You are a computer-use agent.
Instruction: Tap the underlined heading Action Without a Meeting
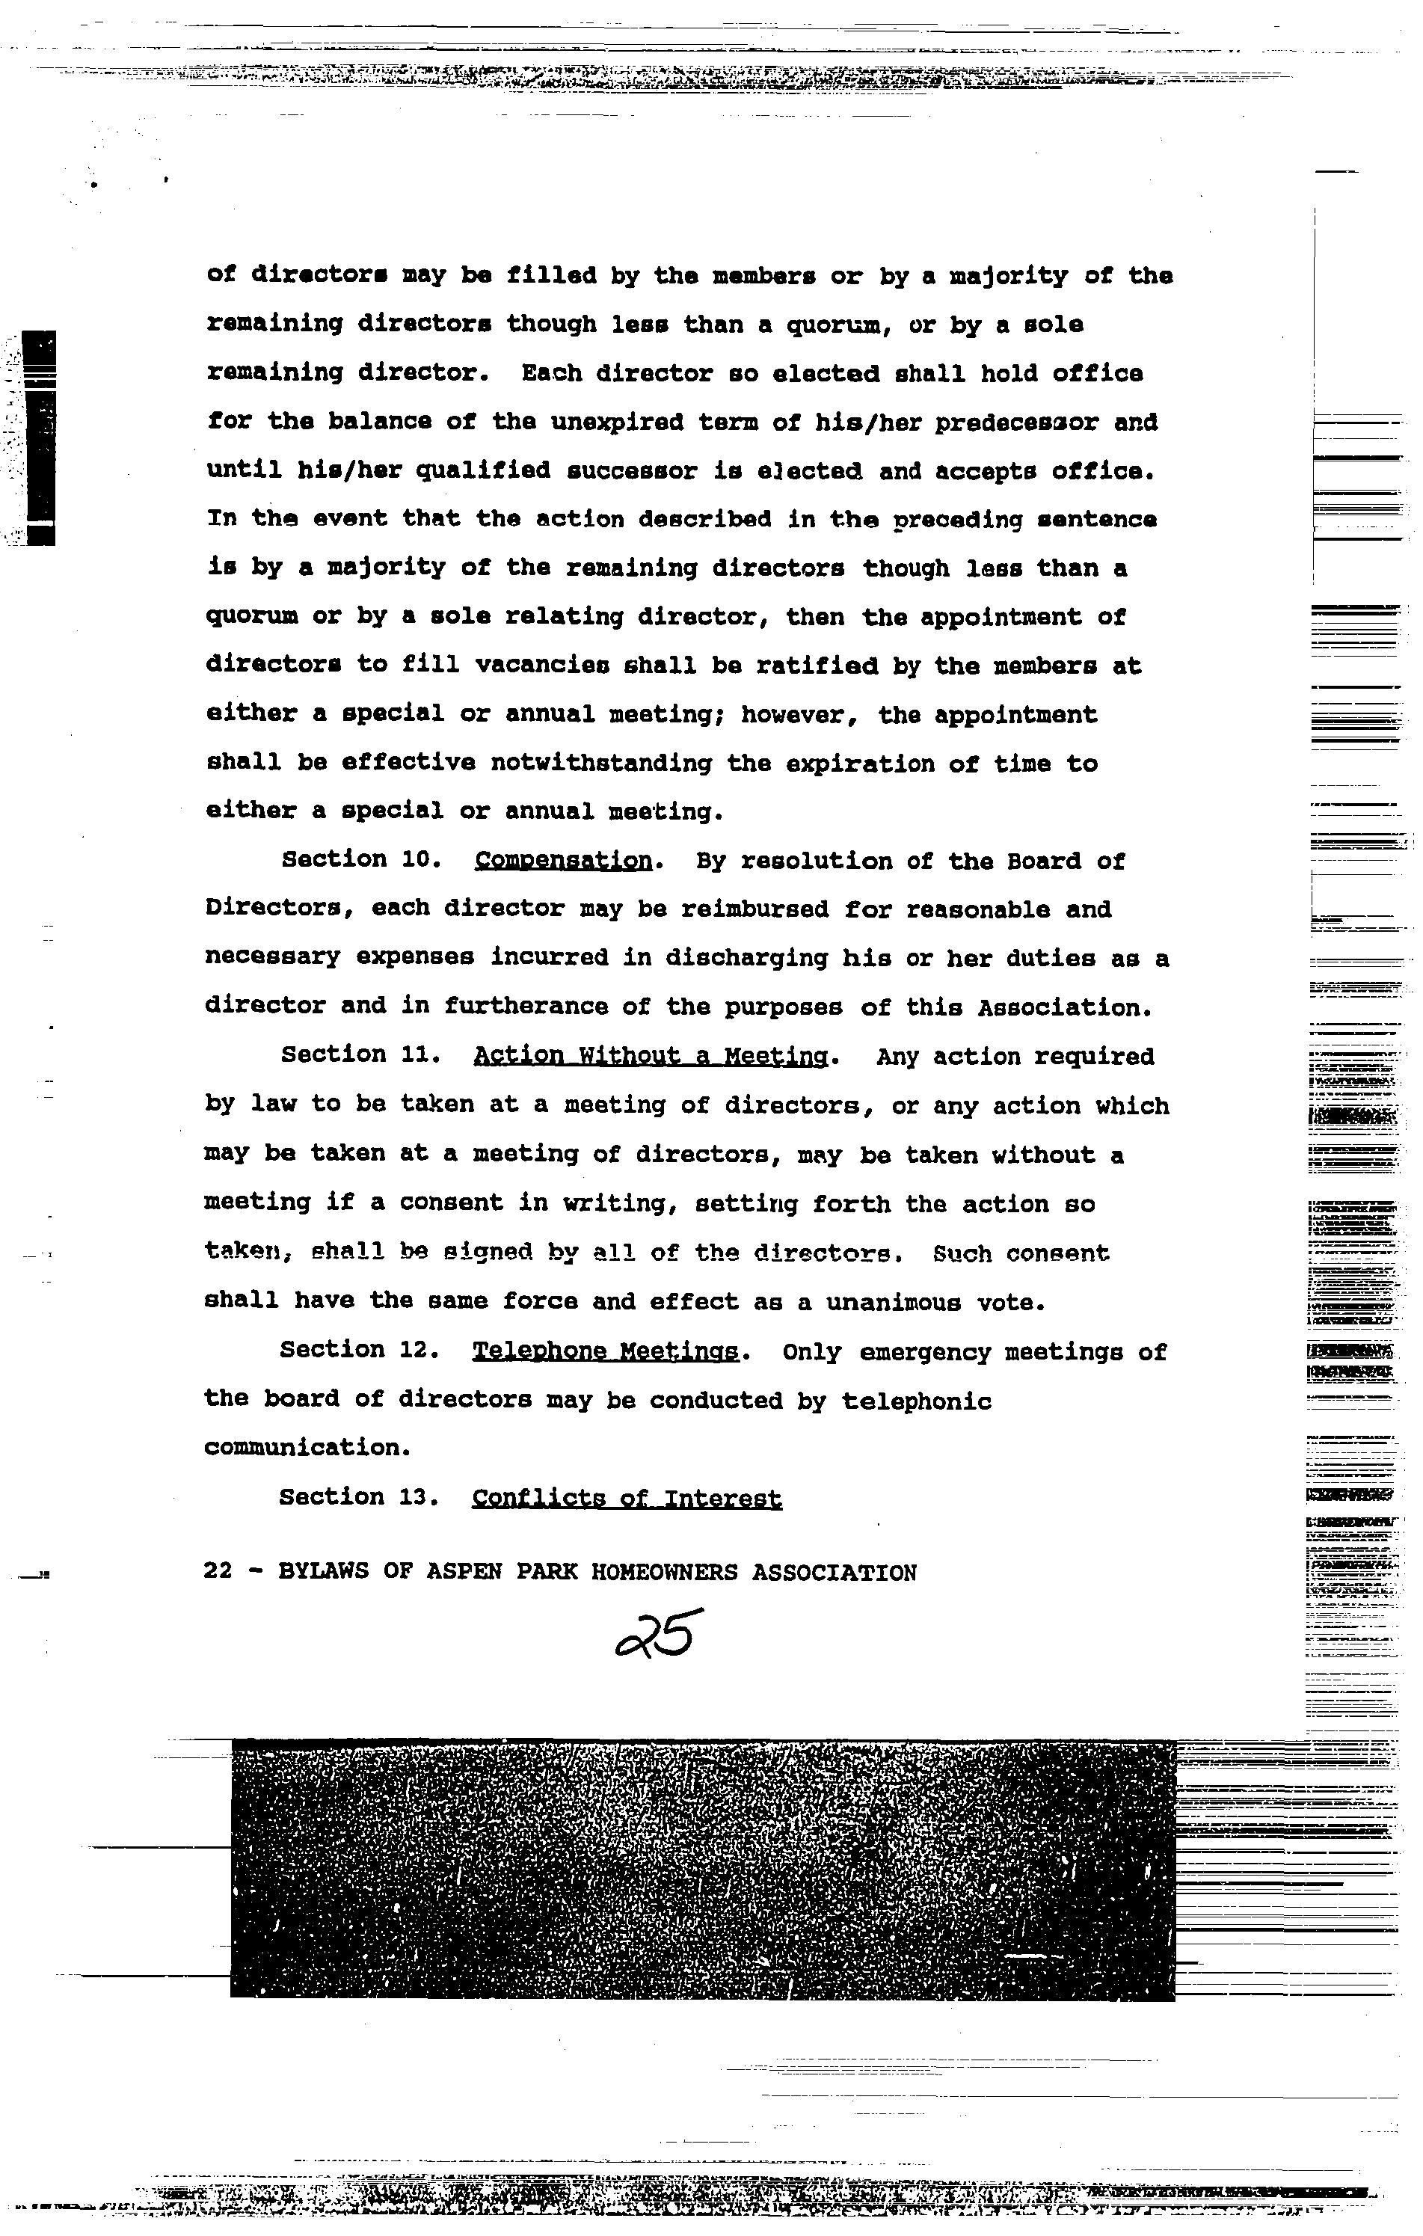pyautogui.click(x=650, y=1056)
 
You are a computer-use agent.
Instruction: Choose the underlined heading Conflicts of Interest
pyautogui.click(x=627, y=1498)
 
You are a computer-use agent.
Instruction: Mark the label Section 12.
pyautogui.click(x=359, y=1349)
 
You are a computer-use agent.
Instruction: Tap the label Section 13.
pyautogui.click(x=358, y=1497)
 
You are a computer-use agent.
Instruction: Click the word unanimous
pyautogui.click(x=893, y=1302)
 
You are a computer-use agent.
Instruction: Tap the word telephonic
pyautogui.click(x=916, y=1400)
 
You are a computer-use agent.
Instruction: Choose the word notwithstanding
pyautogui.click(x=600, y=764)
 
